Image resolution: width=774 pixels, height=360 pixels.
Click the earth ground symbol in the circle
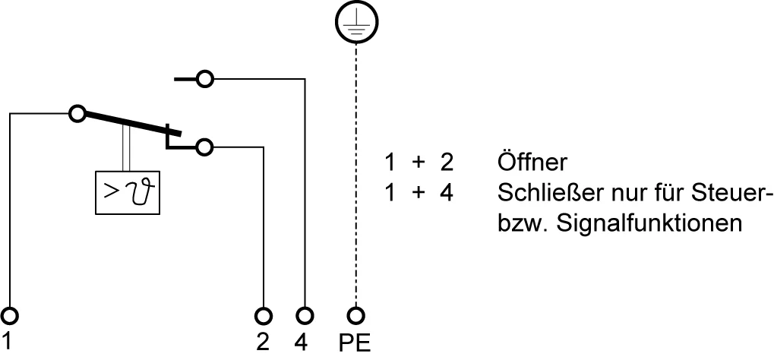[x=356, y=22]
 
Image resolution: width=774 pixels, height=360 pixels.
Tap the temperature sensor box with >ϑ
[x=128, y=193]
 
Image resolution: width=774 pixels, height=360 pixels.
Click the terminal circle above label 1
[x=9, y=315]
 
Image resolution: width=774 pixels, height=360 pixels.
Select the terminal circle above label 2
[x=264, y=315]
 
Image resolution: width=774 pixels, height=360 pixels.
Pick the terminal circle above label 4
[x=305, y=315]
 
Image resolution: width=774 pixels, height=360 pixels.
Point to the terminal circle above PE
[x=356, y=315]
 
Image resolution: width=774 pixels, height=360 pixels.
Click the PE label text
[x=355, y=344]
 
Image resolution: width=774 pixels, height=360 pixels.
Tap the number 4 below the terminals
[x=301, y=343]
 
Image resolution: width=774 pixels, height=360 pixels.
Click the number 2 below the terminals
[x=263, y=343]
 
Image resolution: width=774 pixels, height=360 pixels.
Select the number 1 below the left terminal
[x=7, y=341]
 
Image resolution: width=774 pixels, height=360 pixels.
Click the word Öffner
[x=532, y=162]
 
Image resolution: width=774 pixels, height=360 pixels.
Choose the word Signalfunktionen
[x=649, y=223]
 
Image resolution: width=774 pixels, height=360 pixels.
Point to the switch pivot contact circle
[x=77, y=114]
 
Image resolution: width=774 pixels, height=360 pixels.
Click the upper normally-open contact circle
[x=205, y=78]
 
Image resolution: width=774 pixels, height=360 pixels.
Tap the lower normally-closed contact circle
[x=204, y=147]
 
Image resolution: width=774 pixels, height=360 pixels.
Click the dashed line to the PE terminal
[x=356, y=175]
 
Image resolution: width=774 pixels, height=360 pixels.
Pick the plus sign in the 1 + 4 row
[x=418, y=193]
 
